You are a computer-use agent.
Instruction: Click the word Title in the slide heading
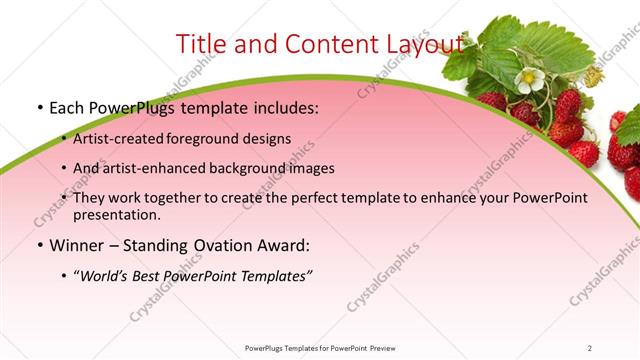pos(200,45)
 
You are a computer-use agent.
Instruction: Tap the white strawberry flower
pos(530,80)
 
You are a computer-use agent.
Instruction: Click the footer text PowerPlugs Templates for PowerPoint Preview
pos(319,347)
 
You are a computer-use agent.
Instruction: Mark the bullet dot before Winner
pos(38,245)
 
